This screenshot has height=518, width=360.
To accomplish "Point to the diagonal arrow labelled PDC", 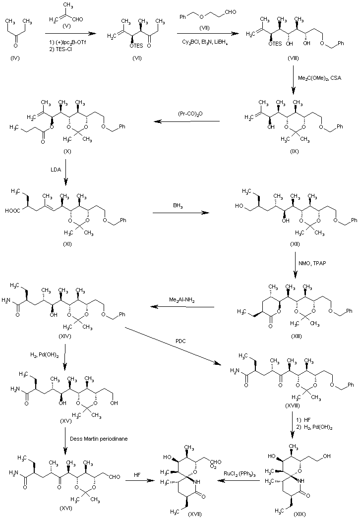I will click(x=174, y=345).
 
